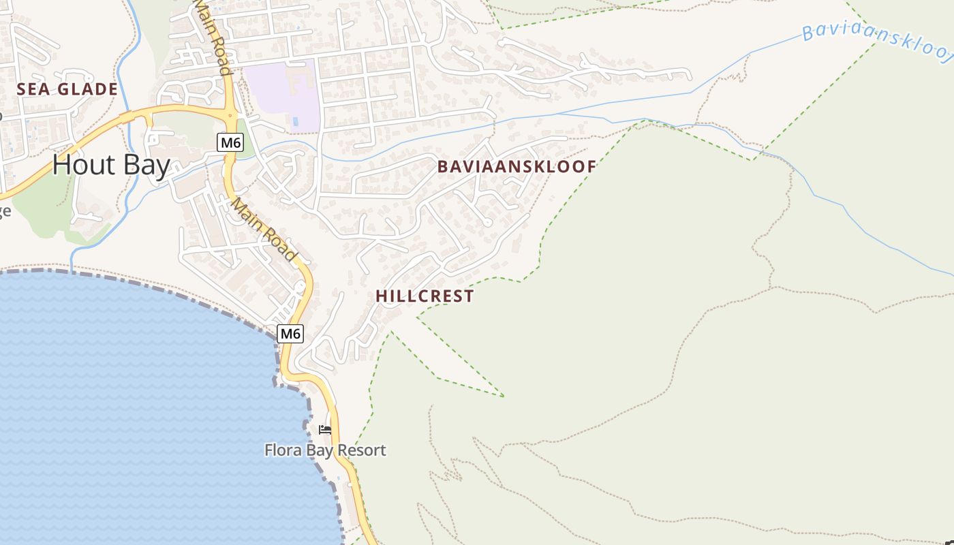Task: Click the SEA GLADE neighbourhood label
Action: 67,89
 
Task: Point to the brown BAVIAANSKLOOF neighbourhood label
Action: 517,166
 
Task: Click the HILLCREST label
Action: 425,296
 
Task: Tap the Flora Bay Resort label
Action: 325,450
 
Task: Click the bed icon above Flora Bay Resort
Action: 325,430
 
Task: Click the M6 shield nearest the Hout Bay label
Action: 231,142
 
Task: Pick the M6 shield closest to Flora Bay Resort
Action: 290,333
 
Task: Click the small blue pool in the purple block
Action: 294,122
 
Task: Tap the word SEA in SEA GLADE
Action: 30,89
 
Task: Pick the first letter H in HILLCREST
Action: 381,296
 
